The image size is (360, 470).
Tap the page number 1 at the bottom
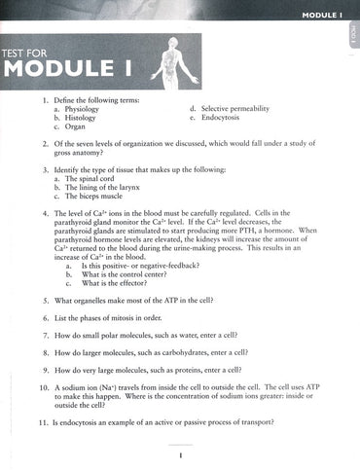(x=180, y=454)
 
